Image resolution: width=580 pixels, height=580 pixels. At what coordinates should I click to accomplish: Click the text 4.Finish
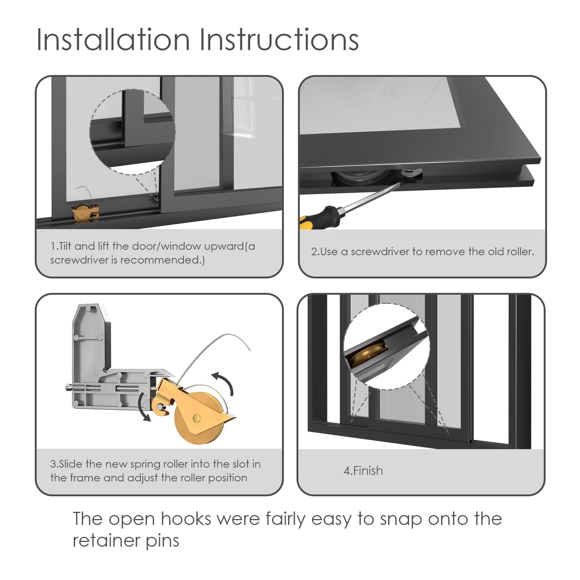[x=363, y=470]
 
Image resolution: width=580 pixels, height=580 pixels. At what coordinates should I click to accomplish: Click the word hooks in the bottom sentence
[x=186, y=519]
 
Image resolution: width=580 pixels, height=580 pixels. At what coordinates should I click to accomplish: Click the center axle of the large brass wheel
[x=196, y=418]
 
